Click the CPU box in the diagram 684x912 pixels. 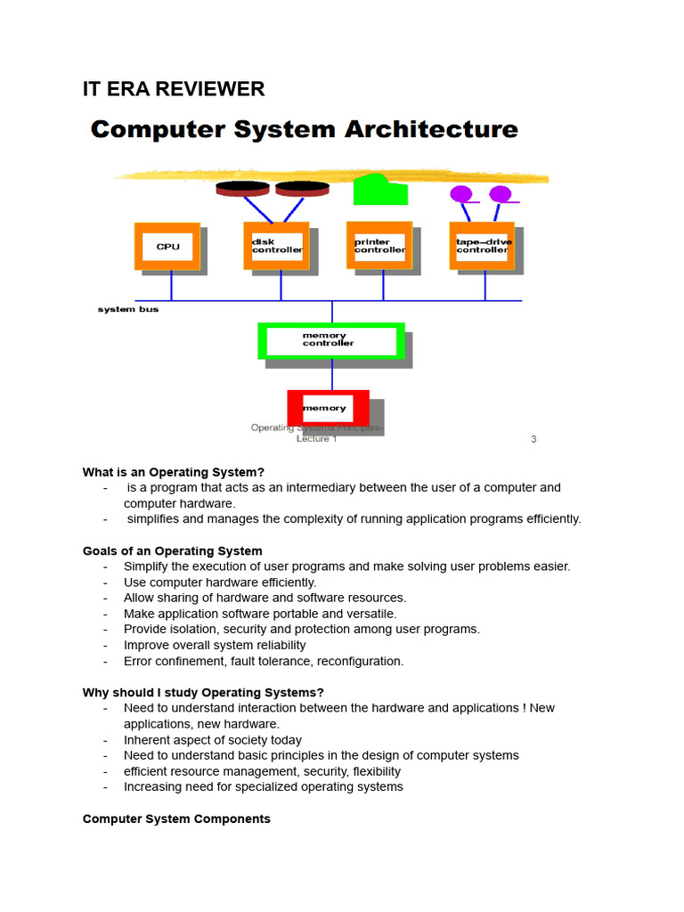(x=167, y=246)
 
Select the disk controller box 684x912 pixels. (x=276, y=246)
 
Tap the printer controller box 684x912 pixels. (x=379, y=246)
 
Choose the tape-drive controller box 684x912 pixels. (x=482, y=246)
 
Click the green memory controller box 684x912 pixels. (x=330, y=340)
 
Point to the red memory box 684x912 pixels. (x=327, y=408)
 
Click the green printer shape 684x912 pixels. (x=379, y=190)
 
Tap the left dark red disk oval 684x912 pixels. (x=242, y=188)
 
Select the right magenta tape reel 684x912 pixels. (x=501, y=194)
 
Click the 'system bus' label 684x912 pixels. (x=128, y=309)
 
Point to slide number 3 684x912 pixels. (x=533, y=439)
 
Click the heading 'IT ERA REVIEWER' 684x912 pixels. (x=174, y=89)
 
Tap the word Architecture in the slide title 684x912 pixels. (x=431, y=130)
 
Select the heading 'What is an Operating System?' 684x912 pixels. (x=174, y=472)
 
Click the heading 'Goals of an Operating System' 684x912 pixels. (x=173, y=550)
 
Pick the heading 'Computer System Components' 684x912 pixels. (x=176, y=818)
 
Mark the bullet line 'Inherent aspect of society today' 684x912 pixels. (x=213, y=739)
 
